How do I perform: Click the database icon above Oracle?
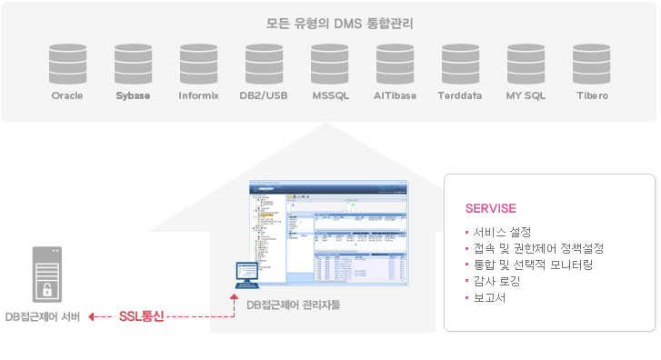pyautogui.click(x=67, y=64)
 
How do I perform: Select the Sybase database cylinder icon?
pyautogui.click(x=133, y=64)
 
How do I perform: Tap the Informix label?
pyautogui.click(x=198, y=95)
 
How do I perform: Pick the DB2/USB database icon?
pyautogui.click(x=264, y=64)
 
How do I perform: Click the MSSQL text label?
pyautogui.click(x=329, y=95)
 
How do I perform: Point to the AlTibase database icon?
pyautogui.click(x=395, y=64)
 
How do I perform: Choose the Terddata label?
pyautogui.click(x=460, y=95)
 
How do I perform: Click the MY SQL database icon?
pyautogui.click(x=526, y=64)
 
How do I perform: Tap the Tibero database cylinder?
pyautogui.click(x=591, y=64)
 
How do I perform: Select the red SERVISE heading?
pyautogui.click(x=490, y=208)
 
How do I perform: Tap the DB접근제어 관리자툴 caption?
pyautogui.click(x=293, y=305)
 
